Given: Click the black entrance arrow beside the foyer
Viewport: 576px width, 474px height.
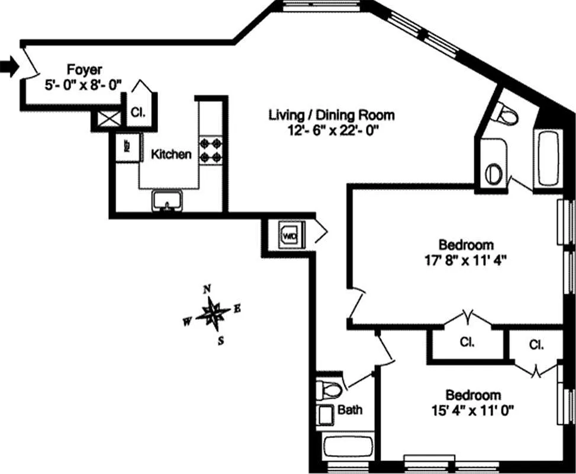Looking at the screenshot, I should coord(9,67).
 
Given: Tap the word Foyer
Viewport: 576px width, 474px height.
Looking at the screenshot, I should coord(83,69).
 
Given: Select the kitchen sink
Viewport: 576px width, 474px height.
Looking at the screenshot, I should coord(167,200).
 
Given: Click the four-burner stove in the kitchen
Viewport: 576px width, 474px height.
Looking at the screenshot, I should coord(210,149).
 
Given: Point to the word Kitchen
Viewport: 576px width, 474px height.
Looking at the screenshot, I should coord(171,155).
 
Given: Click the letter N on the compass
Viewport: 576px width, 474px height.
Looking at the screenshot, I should coord(207,289).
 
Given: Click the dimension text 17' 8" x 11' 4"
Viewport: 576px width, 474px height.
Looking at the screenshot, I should coord(466,260).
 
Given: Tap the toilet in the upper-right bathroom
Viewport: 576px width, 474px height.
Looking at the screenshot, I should coord(505,114).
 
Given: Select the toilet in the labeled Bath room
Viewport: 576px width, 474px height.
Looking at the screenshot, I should coord(329,390).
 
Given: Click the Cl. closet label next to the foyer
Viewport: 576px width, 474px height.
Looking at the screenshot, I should coord(137,111).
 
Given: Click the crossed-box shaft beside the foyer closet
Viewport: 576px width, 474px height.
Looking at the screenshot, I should coord(108,119).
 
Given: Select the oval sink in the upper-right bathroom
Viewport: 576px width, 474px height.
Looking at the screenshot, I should coord(494,174).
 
